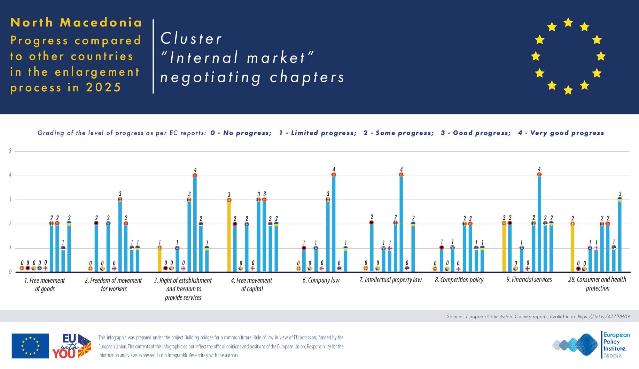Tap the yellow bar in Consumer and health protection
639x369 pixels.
coord(572,248)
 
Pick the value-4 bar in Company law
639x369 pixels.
coord(334,223)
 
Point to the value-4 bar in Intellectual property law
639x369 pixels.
coord(401,223)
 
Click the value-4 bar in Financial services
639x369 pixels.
coord(539,223)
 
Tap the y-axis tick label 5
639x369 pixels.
coord(10,151)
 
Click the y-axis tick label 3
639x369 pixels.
coord(10,199)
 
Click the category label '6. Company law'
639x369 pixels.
coord(321,280)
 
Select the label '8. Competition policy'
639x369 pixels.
coord(459,280)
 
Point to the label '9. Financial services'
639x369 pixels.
coord(529,279)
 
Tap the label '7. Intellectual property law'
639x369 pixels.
coord(390,280)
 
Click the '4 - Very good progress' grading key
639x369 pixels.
coord(561,133)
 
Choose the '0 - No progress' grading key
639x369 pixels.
coord(241,133)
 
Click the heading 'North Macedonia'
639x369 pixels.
coord(76,22)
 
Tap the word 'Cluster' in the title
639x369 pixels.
coord(191,38)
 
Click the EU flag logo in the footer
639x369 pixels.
coord(30,346)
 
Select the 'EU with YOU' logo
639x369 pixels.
coord(72,346)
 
